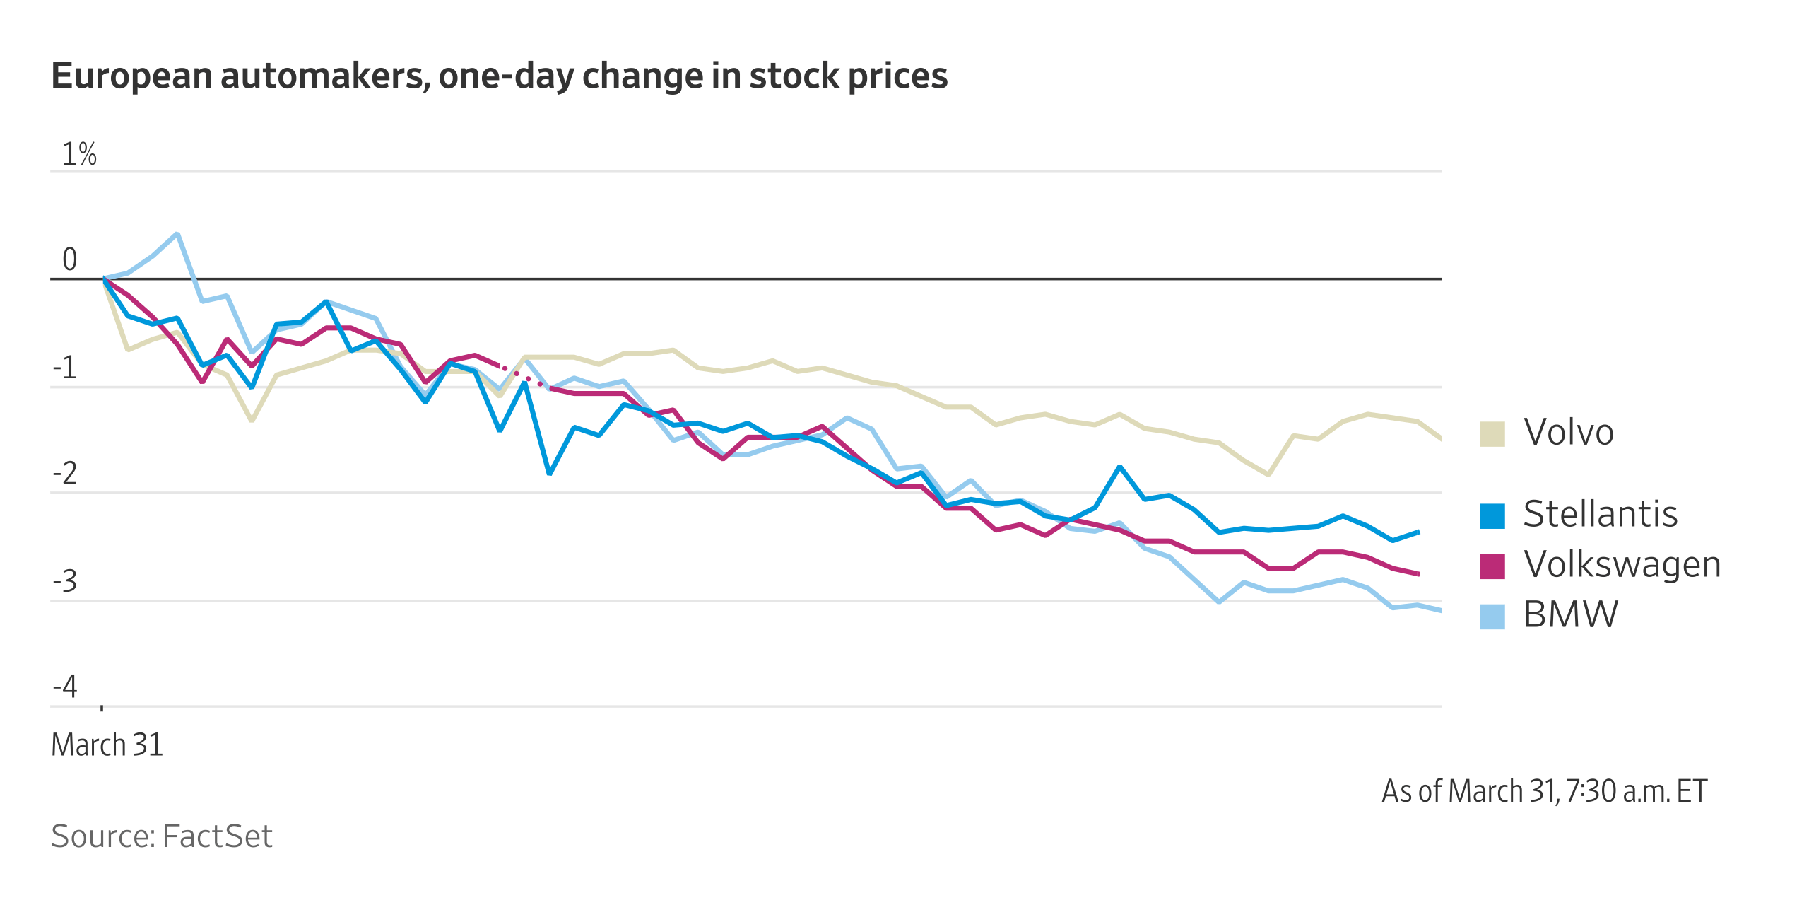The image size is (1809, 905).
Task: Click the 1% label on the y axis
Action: pyautogui.click(x=79, y=154)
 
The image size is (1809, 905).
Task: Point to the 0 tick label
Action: pyautogui.click(x=69, y=259)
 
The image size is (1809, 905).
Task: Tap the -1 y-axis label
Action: pyautogui.click(x=65, y=368)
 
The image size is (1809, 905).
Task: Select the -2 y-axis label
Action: pyautogui.click(x=65, y=474)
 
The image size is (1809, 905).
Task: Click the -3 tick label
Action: pyautogui.click(x=65, y=582)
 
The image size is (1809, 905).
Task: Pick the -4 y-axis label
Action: pyautogui.click(x=65, y=687)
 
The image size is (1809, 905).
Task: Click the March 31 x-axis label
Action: pyautogui.click(x=107, y=745)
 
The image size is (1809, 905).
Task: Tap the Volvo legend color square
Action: pyautogui.click(x=1492, y=433)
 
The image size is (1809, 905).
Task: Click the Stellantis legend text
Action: pyautogui.click(x=1600, y=514)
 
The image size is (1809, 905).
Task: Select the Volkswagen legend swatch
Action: pyautogui.click(x=1492, y=566)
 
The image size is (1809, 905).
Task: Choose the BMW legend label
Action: pyautogui.click(x=1570, y=614)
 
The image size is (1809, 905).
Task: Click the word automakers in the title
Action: pyautogui.click(x=325, y=76)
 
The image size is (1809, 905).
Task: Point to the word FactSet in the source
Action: pyautogui.click(x=217, y=836)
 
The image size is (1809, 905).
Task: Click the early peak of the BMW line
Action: pyautogui.click(x=177, y=234)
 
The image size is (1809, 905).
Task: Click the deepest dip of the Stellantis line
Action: pyautogui.click(x=549, y=473)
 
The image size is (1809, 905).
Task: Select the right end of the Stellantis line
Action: pyautogui.click(x=1418, y=532)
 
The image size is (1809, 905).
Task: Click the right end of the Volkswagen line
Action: pyautogui.click(x=1418, y=573)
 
